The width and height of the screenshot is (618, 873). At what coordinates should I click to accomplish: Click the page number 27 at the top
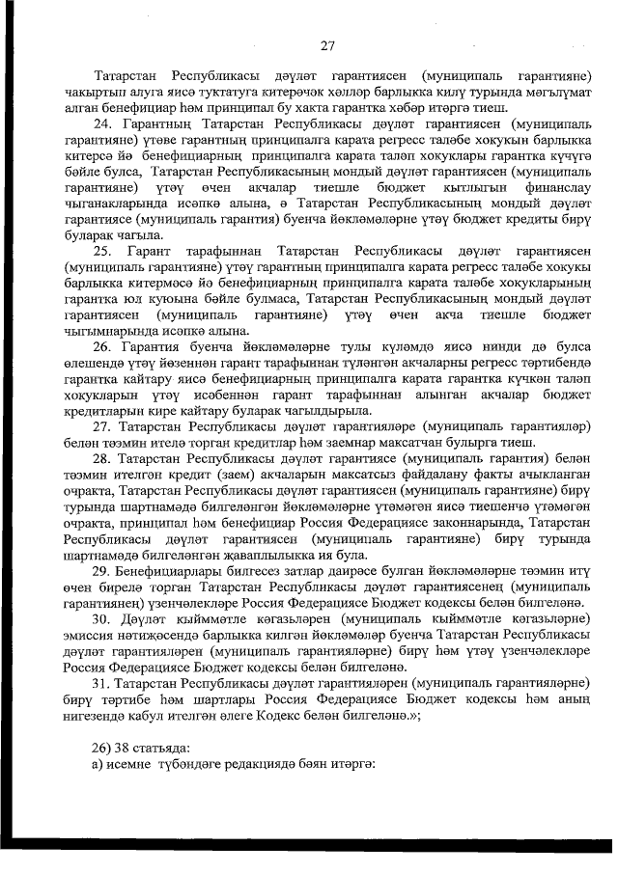pos(326,44)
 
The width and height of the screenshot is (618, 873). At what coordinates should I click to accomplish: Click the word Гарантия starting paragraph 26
pos(146,344)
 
